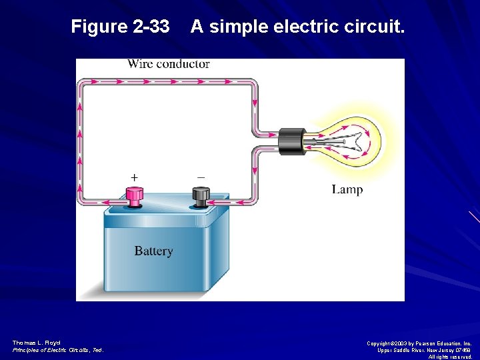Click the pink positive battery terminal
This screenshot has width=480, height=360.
[x=135, y=196]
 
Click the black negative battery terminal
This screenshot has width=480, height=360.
[x=200, y=196]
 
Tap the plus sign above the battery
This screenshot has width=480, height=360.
[x=135, y=178]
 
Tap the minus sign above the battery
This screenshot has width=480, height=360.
[x=201, y=177]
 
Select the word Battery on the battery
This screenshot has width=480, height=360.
[x=153, y=251]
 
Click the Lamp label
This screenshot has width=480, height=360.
[x=347, y=190]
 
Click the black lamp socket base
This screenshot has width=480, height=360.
[x=291, y=141]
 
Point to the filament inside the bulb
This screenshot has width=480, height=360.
[x=340, y=141]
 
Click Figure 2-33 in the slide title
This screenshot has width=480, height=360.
[x=120, y=27]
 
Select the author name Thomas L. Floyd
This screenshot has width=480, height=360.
[x=36, y=343]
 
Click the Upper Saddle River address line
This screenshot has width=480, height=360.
[x=424, y=350]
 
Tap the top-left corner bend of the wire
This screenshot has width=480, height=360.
[x=81, y=83]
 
